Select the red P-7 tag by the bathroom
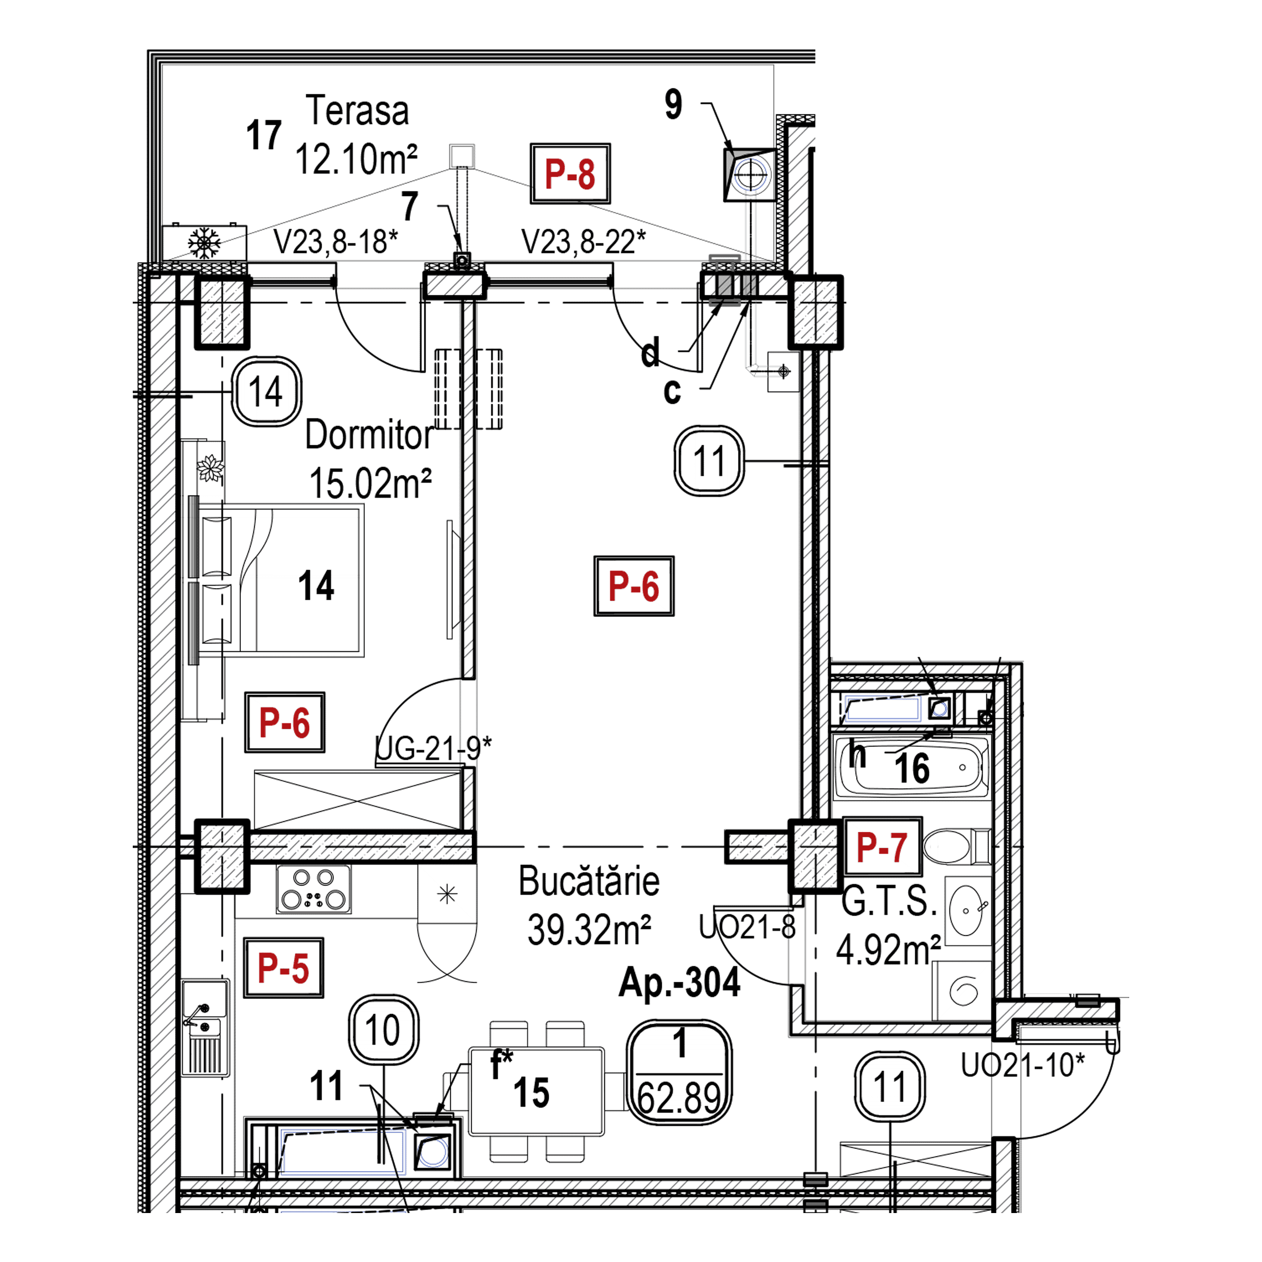coord(882,847)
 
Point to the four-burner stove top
coord(313,889)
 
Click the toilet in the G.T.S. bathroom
coord(957,847)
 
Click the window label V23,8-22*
coord(584,242)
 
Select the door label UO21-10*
coord(1022,1066)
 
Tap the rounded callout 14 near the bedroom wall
coord(266,392)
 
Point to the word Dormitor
coord(369,435)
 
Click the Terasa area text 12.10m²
coord(356,158)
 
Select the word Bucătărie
coord(589,881)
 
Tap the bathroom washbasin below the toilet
coord(967,911)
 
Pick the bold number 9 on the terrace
coord(673,104)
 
